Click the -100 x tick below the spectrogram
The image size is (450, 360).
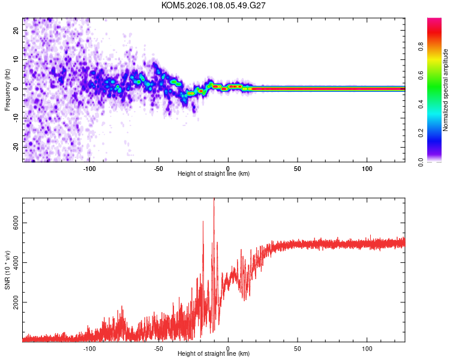(x=89, y=168)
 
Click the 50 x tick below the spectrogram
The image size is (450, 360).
(x=297, y=168)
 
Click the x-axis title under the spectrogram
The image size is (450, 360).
(x=214, y=174)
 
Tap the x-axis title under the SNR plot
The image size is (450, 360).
(x=214, y=354)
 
